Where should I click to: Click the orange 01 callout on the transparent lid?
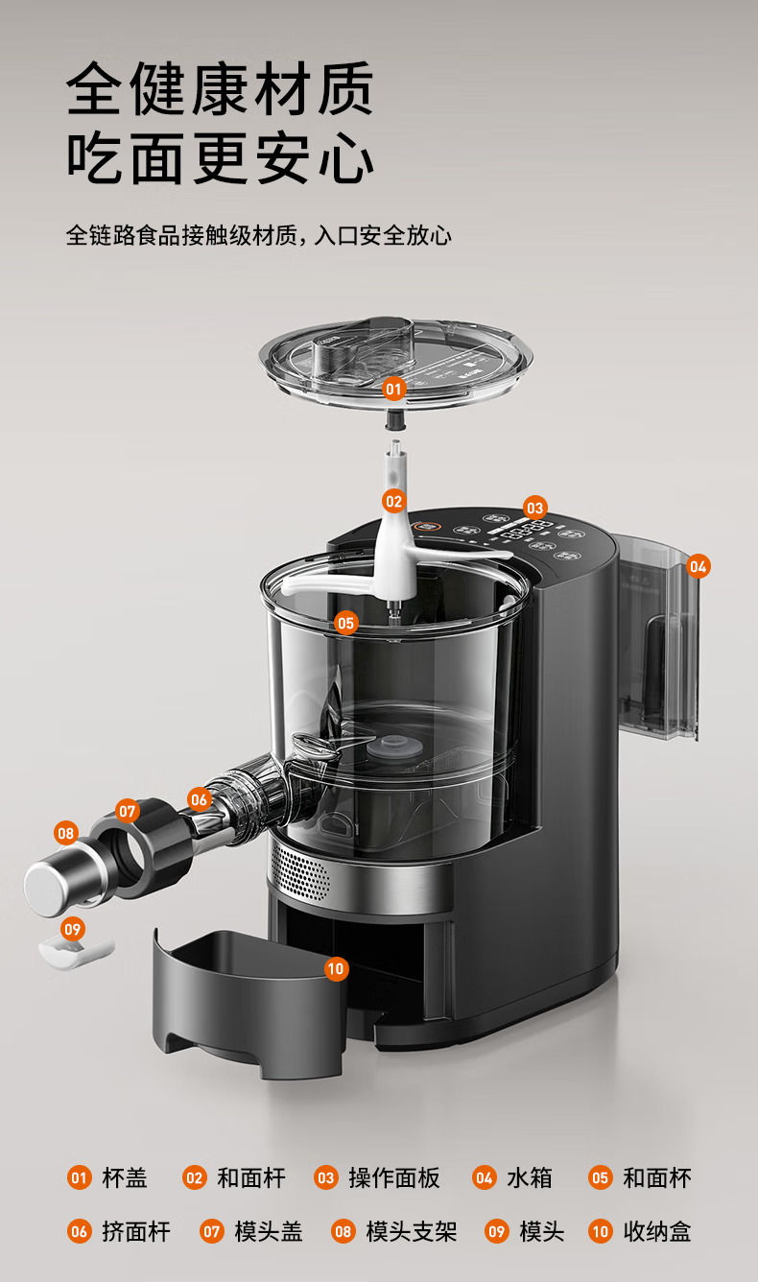393,390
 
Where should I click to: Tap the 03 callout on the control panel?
534,508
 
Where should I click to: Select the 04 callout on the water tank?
698,566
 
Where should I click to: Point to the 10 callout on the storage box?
336,968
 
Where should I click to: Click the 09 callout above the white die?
73,928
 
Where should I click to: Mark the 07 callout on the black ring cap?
127,811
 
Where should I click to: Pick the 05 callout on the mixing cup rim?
346,623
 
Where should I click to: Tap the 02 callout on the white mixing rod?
393,501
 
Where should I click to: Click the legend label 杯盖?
125,1177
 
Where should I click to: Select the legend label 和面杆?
251,1177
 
